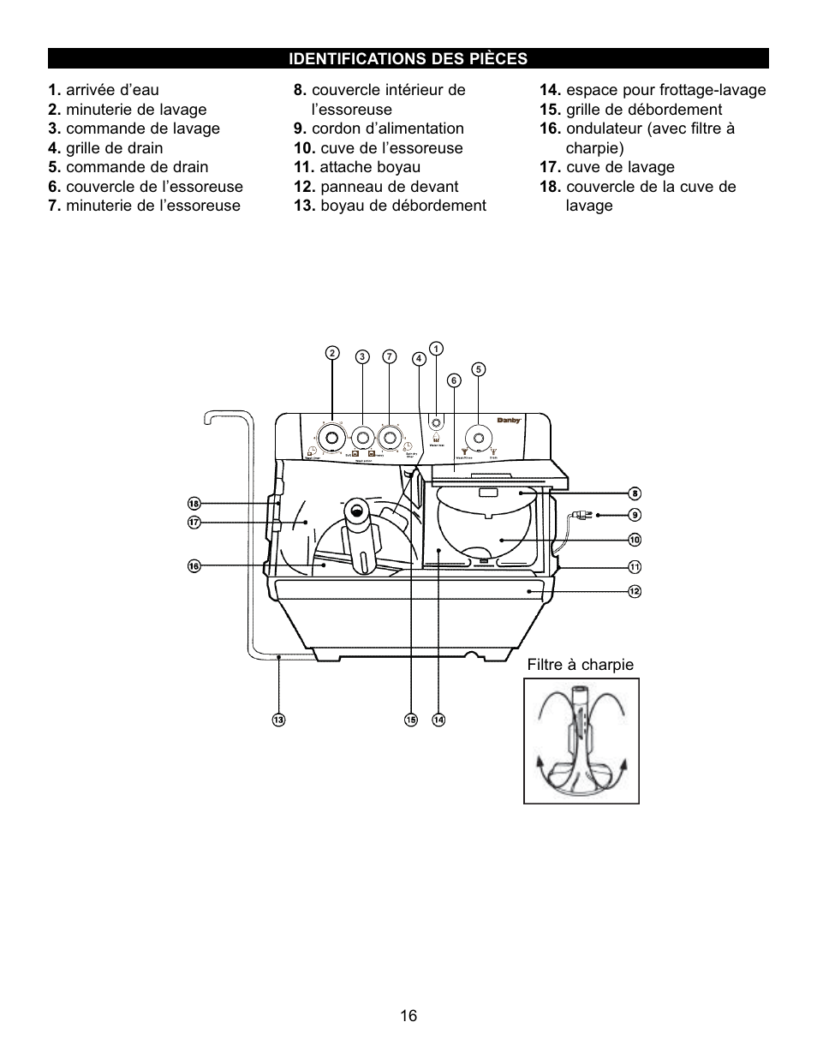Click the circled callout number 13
coord(278,720)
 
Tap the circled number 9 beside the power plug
coord(635,515)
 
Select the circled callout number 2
coord(332,353)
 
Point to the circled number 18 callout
coord(194,504)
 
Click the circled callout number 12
coord(635,591)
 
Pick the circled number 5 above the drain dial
coord(478,369)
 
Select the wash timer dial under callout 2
coord(332,436)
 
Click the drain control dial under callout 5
coord(478,436)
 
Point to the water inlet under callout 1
coord(436,423)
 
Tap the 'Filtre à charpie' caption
coord(581,665)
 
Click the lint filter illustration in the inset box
coord(581,741)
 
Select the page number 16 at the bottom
coord(408,1016)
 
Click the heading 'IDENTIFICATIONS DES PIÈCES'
coord(408,59)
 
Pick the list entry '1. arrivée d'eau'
coord(104,90)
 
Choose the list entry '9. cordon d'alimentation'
coord(379,129)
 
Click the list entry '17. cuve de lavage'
coord(607,167)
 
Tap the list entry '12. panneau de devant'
coord(376,187)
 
